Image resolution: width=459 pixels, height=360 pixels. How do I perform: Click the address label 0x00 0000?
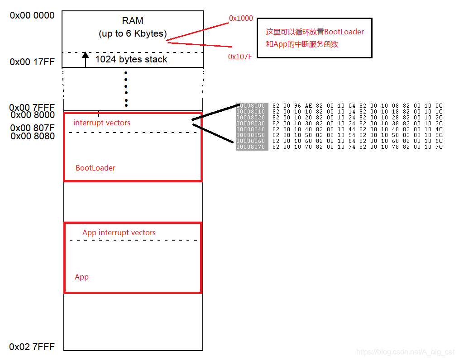coord(32,15)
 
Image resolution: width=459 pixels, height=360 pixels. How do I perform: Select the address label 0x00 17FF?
coord(32,62)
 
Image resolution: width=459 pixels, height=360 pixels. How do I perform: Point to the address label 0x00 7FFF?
coord(32,108)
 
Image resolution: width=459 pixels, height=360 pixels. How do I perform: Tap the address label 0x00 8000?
coord(32,115)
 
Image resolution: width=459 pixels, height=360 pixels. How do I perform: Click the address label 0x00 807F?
coord(32,128)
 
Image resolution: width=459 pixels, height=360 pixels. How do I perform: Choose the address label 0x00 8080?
coord(32,136)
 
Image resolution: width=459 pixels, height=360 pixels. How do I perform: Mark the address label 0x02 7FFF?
coord(32,347)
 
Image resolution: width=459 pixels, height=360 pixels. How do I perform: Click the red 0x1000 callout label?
coord(241,19)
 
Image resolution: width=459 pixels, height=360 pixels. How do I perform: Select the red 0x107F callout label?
coord(240,57)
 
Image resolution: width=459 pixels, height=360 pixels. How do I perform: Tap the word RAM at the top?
coord(133,21)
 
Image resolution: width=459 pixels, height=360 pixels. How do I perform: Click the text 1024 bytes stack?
coord(131,59)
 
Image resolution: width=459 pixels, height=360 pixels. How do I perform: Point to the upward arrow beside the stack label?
coord(85,60)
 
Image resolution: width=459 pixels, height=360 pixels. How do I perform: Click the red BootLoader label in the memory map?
coord(96,168)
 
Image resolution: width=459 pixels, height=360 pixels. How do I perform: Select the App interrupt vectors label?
coord(119,232)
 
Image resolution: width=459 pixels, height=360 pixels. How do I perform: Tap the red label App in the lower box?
coord(81,277)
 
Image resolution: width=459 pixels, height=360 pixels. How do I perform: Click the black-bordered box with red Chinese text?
coord(314,38)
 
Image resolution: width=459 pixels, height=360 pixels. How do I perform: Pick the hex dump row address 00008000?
coord(252,106)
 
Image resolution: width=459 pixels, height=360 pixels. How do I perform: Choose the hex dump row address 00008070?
coord(252,147)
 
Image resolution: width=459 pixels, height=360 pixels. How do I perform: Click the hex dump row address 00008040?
coord(252,129)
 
